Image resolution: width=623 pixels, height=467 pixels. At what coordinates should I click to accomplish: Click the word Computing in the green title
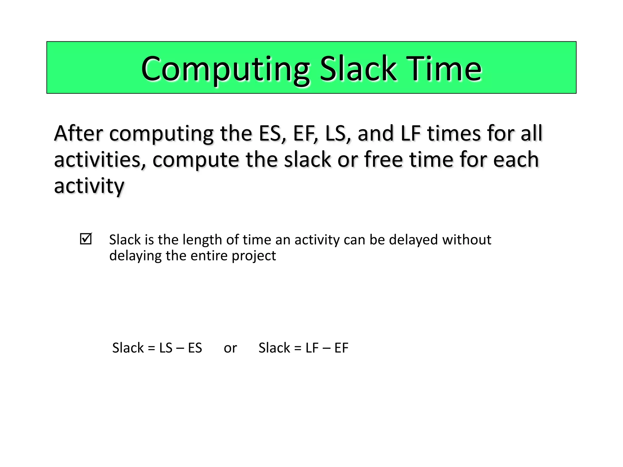tap(225, 69)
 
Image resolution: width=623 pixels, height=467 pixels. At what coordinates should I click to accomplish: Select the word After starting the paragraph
tap(78, 133)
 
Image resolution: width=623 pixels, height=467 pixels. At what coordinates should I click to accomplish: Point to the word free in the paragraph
tap(383, 160)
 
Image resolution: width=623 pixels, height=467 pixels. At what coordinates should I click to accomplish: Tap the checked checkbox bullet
tap(85, 239)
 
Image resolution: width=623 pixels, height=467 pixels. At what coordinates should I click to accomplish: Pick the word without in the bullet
tap(467, 240)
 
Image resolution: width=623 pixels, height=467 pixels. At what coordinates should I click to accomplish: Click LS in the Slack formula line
tap(166, 348)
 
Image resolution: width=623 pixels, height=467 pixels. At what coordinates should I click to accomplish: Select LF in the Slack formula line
tap(312, 348)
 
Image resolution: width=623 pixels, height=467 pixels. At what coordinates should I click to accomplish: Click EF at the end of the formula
tap(341, 348)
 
